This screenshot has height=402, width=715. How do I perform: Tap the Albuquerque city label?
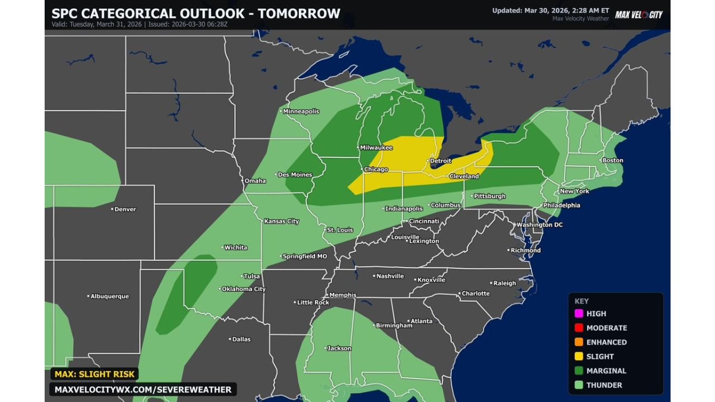pyautogui.click(x=109, y=296)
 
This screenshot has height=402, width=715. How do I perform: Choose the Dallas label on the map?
pyautogui.click(x=241, y=339)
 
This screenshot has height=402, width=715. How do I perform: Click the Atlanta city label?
pyautogui.click(x=422, y=321)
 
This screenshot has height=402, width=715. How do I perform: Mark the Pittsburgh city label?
pyautogui.click(x=489, y=196)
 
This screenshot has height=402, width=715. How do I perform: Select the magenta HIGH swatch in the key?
pyautogui.click(x=579, y=314)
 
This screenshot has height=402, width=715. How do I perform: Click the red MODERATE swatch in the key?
pyautogui.click(x=579, y=328)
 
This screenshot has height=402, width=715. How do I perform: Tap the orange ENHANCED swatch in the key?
pyautogui.click(x=579, y=342)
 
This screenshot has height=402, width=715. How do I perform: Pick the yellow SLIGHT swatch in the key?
pyautogui.click(x=579, y=356)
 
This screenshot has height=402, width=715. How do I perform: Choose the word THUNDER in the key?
pyautogui.click(x=604, y=385)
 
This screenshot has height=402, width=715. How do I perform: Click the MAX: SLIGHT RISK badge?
pyautogui.click(x=94, y=374)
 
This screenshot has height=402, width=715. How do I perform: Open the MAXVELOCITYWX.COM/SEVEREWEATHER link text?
pyautogui.click(x=143, y=389)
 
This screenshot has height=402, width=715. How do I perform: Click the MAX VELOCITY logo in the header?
pyautogui.click(x=638, y=15)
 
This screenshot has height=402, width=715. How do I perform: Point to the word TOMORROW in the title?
pyautogui.click(x=299, y=13)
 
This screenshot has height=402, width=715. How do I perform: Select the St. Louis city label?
pyautogui.click(x=340, y=229)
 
